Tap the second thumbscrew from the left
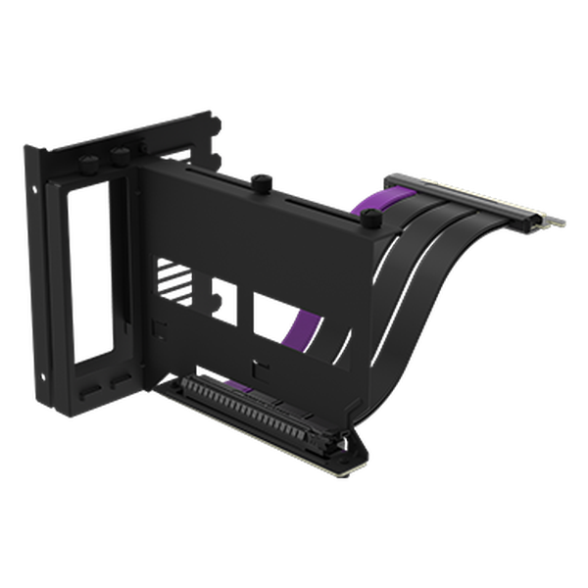(x=122, y=155)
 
